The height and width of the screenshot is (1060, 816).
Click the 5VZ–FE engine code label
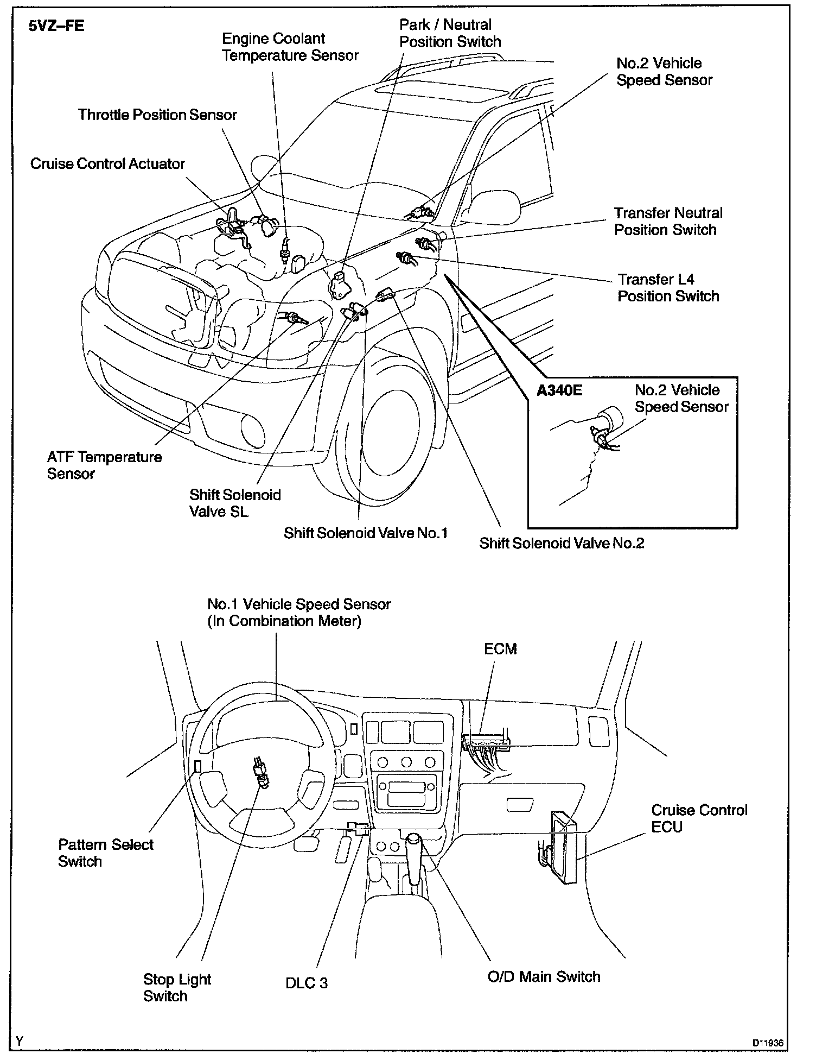pos(56,27)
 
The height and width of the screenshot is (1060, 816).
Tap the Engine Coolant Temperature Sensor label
pos(290,47)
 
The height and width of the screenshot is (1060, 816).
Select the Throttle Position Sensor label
pos(157,115)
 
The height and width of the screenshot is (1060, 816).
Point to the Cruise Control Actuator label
pos(107,164)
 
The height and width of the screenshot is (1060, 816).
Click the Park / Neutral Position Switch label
pos(450,33)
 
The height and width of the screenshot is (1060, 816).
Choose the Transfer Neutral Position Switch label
pos(668,222)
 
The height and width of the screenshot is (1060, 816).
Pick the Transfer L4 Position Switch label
pos(668,288)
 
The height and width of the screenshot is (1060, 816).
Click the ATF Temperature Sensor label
pos(104,465)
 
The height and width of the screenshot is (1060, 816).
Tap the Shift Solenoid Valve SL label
pos(235,503)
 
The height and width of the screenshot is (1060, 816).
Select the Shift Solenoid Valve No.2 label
pos(562,544)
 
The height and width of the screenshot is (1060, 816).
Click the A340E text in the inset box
pos(559,391)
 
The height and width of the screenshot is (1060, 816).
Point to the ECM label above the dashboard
pos(500,649)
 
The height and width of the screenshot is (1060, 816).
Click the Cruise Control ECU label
pos(699,818)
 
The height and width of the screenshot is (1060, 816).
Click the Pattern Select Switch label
pos(106,853)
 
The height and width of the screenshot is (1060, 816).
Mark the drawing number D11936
pos(767,1043)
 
